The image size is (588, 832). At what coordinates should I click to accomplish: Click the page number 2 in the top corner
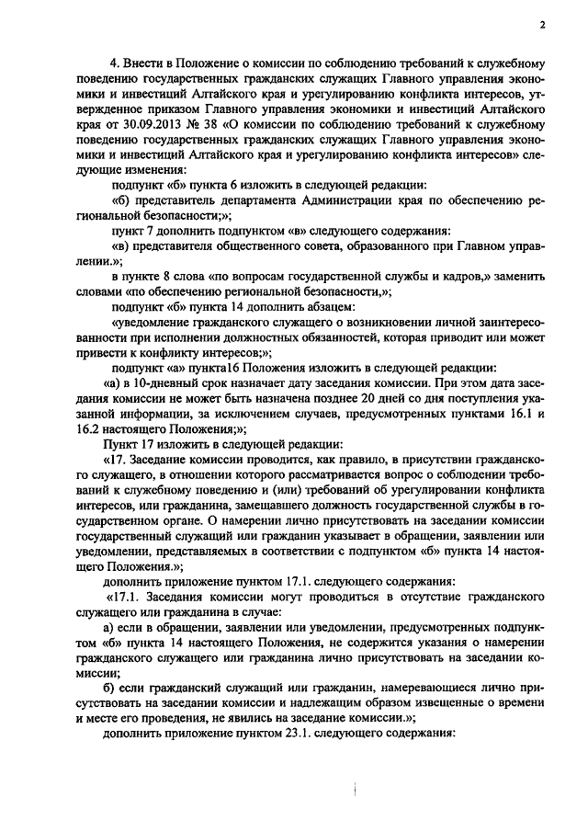click(x=542, y=25)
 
